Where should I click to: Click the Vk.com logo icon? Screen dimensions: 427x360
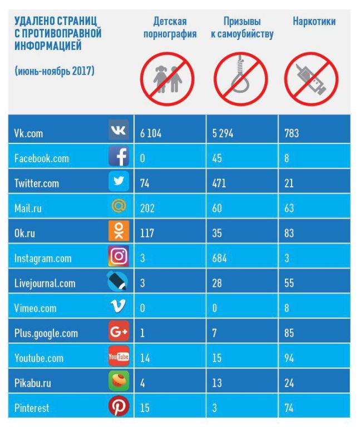[x=119, y=130]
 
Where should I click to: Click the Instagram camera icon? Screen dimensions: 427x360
[x=119, y=256]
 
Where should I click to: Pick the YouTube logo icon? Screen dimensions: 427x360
[x=119, y=358]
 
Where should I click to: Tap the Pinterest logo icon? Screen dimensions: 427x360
[x=119, y=408]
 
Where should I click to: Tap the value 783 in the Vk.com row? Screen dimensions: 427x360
[x=292, y=134]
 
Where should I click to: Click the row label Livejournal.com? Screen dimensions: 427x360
[x=45, y=284]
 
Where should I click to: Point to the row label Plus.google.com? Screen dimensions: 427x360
[x=46, y=334]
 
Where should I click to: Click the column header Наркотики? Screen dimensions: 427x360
[x=313, y=23]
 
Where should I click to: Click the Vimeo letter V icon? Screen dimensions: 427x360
[x=119, y=307]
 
